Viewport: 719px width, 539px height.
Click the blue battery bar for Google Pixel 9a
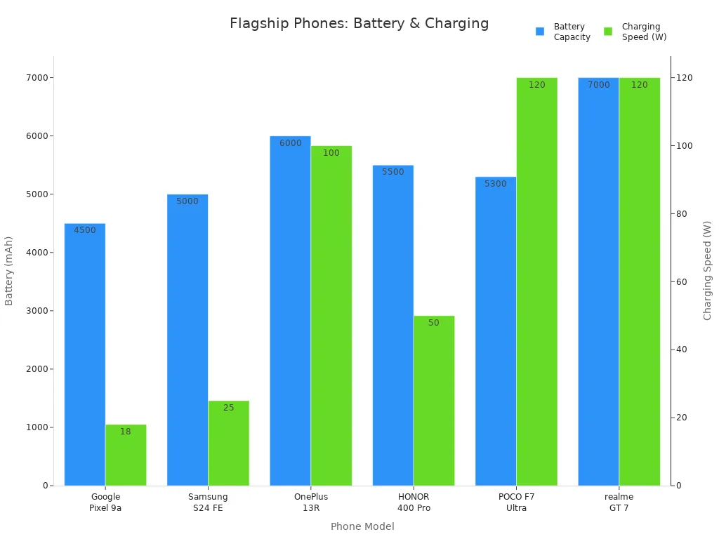pyautogui.click(x=84, y=354)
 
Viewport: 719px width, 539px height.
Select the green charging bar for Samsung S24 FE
pyautogui.click(x=228, y=443)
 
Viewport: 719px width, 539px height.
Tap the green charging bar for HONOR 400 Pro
pyautogui.click(x=433, y=400)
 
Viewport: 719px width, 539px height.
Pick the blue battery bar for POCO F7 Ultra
pyautogui.click(x=495, y=331)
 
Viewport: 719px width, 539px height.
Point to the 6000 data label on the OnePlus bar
pyautogui.click(x=290, y=143)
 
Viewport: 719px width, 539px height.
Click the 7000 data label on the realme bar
pyautogui.click(x=598, y=85)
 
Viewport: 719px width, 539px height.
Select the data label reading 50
pyautogui.click(x=433, y=323)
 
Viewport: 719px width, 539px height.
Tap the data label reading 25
pyautogui.click(x=228, y=408)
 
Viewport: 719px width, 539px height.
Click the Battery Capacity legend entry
pyautogui.click(x=563, y=32)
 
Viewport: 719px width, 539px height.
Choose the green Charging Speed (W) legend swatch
pyautogui.click(x=608, y=32)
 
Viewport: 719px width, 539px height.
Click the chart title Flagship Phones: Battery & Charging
pyautogui.click(x=359, y=23)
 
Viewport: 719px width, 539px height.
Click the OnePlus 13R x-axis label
pyautogui.click(x=310, y=502)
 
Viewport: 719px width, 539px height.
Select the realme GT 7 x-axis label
pyautogui.click(x=619, y=502)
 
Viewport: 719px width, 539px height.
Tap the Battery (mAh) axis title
pyautogui.click(x=9, y=270)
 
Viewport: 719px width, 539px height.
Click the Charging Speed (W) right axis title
pyautogui.click(x=708, y=270)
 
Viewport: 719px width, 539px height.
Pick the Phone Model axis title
pyautogui.click(x=362, y=526)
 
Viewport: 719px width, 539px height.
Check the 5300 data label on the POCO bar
pyautogui.click(x=495, y=184)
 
